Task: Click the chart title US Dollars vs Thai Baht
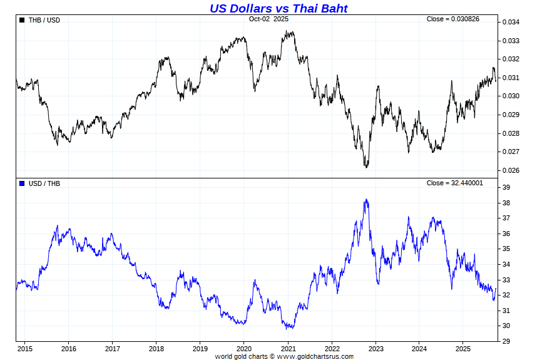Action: pyautogui.click(x=278, y=8)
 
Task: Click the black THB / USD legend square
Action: pyautogui.click(x=23, y=20)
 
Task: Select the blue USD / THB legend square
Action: pyautogui.click(x=23, y=183)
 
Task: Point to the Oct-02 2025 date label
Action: pyautogui.click(x=269, y=19)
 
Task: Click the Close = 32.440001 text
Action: pyautogui.click(x=454, y=183)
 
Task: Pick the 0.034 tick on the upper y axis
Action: pyautogui.click(x=511, y=23)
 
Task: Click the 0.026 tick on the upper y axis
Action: pyautogui.click(x=511, y=170)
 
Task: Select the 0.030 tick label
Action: pyautogui.click(x=511, y=96)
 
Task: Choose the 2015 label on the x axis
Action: pyautogui.click(x=25, y=349)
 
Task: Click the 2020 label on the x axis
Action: pyautogui.click(x=244, y=349)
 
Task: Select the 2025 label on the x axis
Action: pyautogui.click(x=462, y=349)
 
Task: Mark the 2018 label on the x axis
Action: pyautogui.click(x=156, y=349)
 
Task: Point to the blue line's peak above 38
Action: pyautogui.click(x=366, y=200)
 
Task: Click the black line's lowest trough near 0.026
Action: pyautogui.click(x=366, y=167)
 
